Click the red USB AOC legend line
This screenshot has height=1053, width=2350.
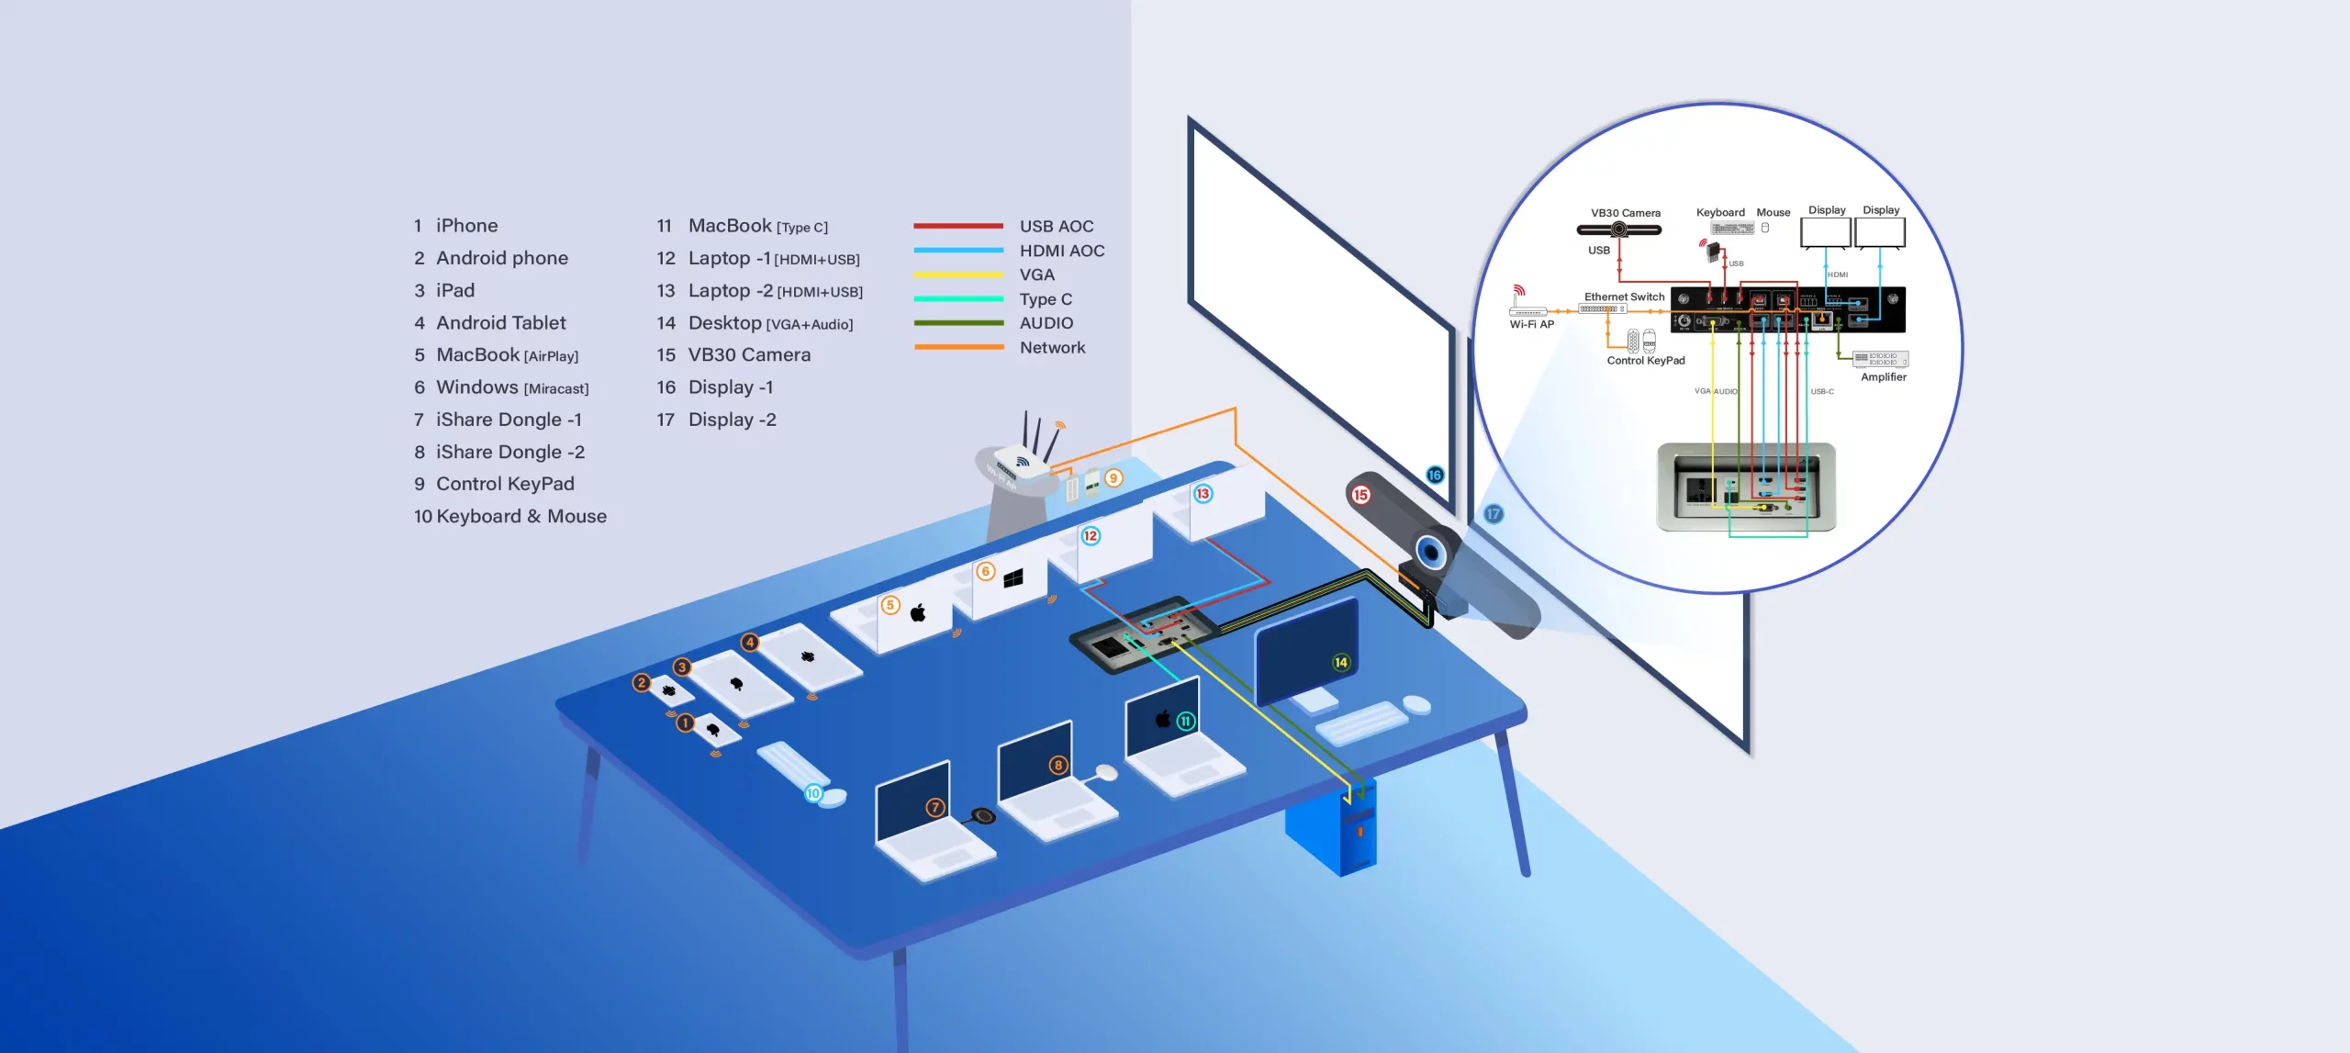[x=957, y=226]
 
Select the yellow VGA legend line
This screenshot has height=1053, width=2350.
[x=957, y=274]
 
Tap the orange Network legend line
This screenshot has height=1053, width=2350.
[x=957, y=347]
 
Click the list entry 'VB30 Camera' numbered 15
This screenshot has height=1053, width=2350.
[x=749, y=355]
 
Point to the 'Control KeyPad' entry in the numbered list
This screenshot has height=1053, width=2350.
[x=505, y=484]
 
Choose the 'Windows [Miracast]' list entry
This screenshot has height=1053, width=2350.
[x=512, y=387]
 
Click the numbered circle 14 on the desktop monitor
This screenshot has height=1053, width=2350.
[x=1340, y=662]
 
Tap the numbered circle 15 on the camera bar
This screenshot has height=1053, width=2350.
[x=1360, y=495]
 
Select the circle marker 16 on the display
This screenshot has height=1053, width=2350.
[x=1435, y=475]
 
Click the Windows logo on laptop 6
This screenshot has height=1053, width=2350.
[x=1013, y=578]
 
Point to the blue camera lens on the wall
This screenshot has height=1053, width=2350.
[x=1429, y=552]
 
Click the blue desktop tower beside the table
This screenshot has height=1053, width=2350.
[x=1331, y=831]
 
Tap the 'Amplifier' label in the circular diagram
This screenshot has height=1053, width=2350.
[x=1884, y=377]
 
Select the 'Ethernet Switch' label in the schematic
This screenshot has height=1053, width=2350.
[x=1624, y=297]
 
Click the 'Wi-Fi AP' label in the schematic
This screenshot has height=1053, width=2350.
[x=1531, y=324]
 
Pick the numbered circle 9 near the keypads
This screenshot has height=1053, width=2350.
[x=1113, y=478]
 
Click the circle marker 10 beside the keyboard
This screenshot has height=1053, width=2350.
[x=813, y=793]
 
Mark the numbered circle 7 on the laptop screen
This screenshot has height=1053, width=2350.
[x=934, y=807]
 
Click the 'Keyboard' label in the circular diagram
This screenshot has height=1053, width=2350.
[x=1719, y=213]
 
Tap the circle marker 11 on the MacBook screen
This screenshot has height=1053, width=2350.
[x=1185, y=722]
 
